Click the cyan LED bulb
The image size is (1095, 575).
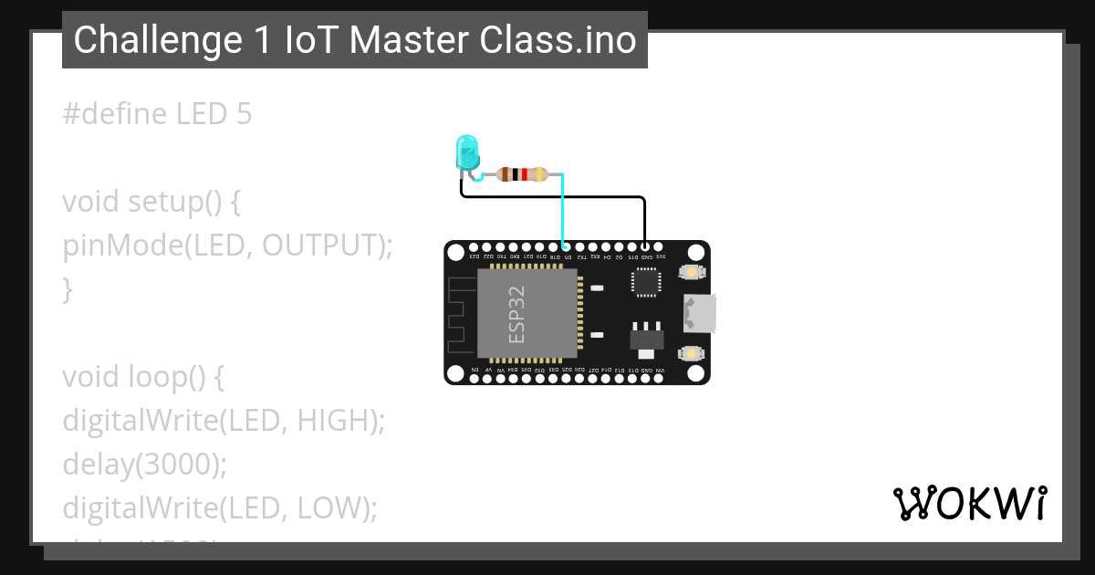467,152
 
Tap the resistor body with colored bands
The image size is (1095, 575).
522,173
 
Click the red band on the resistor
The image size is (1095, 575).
525,173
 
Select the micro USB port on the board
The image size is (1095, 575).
699,313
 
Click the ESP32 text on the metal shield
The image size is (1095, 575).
516,315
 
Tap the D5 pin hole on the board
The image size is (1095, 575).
567,246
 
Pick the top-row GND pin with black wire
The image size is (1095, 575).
645,246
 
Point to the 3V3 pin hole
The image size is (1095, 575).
660,246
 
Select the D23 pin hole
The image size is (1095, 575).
474,246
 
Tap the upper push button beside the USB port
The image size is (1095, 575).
691,272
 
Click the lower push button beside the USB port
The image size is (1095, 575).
691,353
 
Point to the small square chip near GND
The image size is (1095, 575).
646,283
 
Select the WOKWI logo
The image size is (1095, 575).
969,503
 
